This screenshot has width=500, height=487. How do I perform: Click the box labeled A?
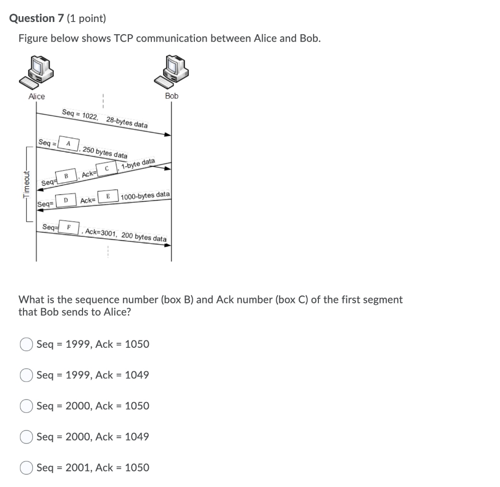(x=69, y=144)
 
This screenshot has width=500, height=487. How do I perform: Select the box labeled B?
(x=66, y=175)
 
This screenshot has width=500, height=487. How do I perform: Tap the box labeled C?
(x=106, y=169)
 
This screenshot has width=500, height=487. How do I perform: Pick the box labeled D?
(x=66, y=200)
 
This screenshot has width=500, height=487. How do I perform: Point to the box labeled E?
(x=108, y=196)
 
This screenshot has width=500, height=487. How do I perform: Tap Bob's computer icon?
(x=171, y=71)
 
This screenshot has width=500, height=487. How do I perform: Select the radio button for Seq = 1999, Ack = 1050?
(x=26, y=344)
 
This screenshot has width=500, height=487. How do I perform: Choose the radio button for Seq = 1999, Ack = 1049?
(x=26, y=375)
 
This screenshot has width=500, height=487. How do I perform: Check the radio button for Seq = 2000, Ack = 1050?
(x=26, y=406)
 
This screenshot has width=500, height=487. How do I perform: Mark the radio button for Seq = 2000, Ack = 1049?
(x=26, y=437)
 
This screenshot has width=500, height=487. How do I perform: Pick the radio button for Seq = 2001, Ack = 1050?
(x=26, y=467)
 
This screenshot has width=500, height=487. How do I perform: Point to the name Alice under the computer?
(x=37, y=97)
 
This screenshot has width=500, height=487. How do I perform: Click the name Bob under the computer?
(x=171, y=96)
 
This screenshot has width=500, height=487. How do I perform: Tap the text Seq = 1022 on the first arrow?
(x=80, y=115)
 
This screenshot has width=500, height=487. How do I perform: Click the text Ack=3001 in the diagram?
(x=101, y=233)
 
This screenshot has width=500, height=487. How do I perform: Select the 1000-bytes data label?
(x=145, y=195)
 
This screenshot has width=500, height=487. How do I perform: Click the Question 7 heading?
(x=38, y=19)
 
